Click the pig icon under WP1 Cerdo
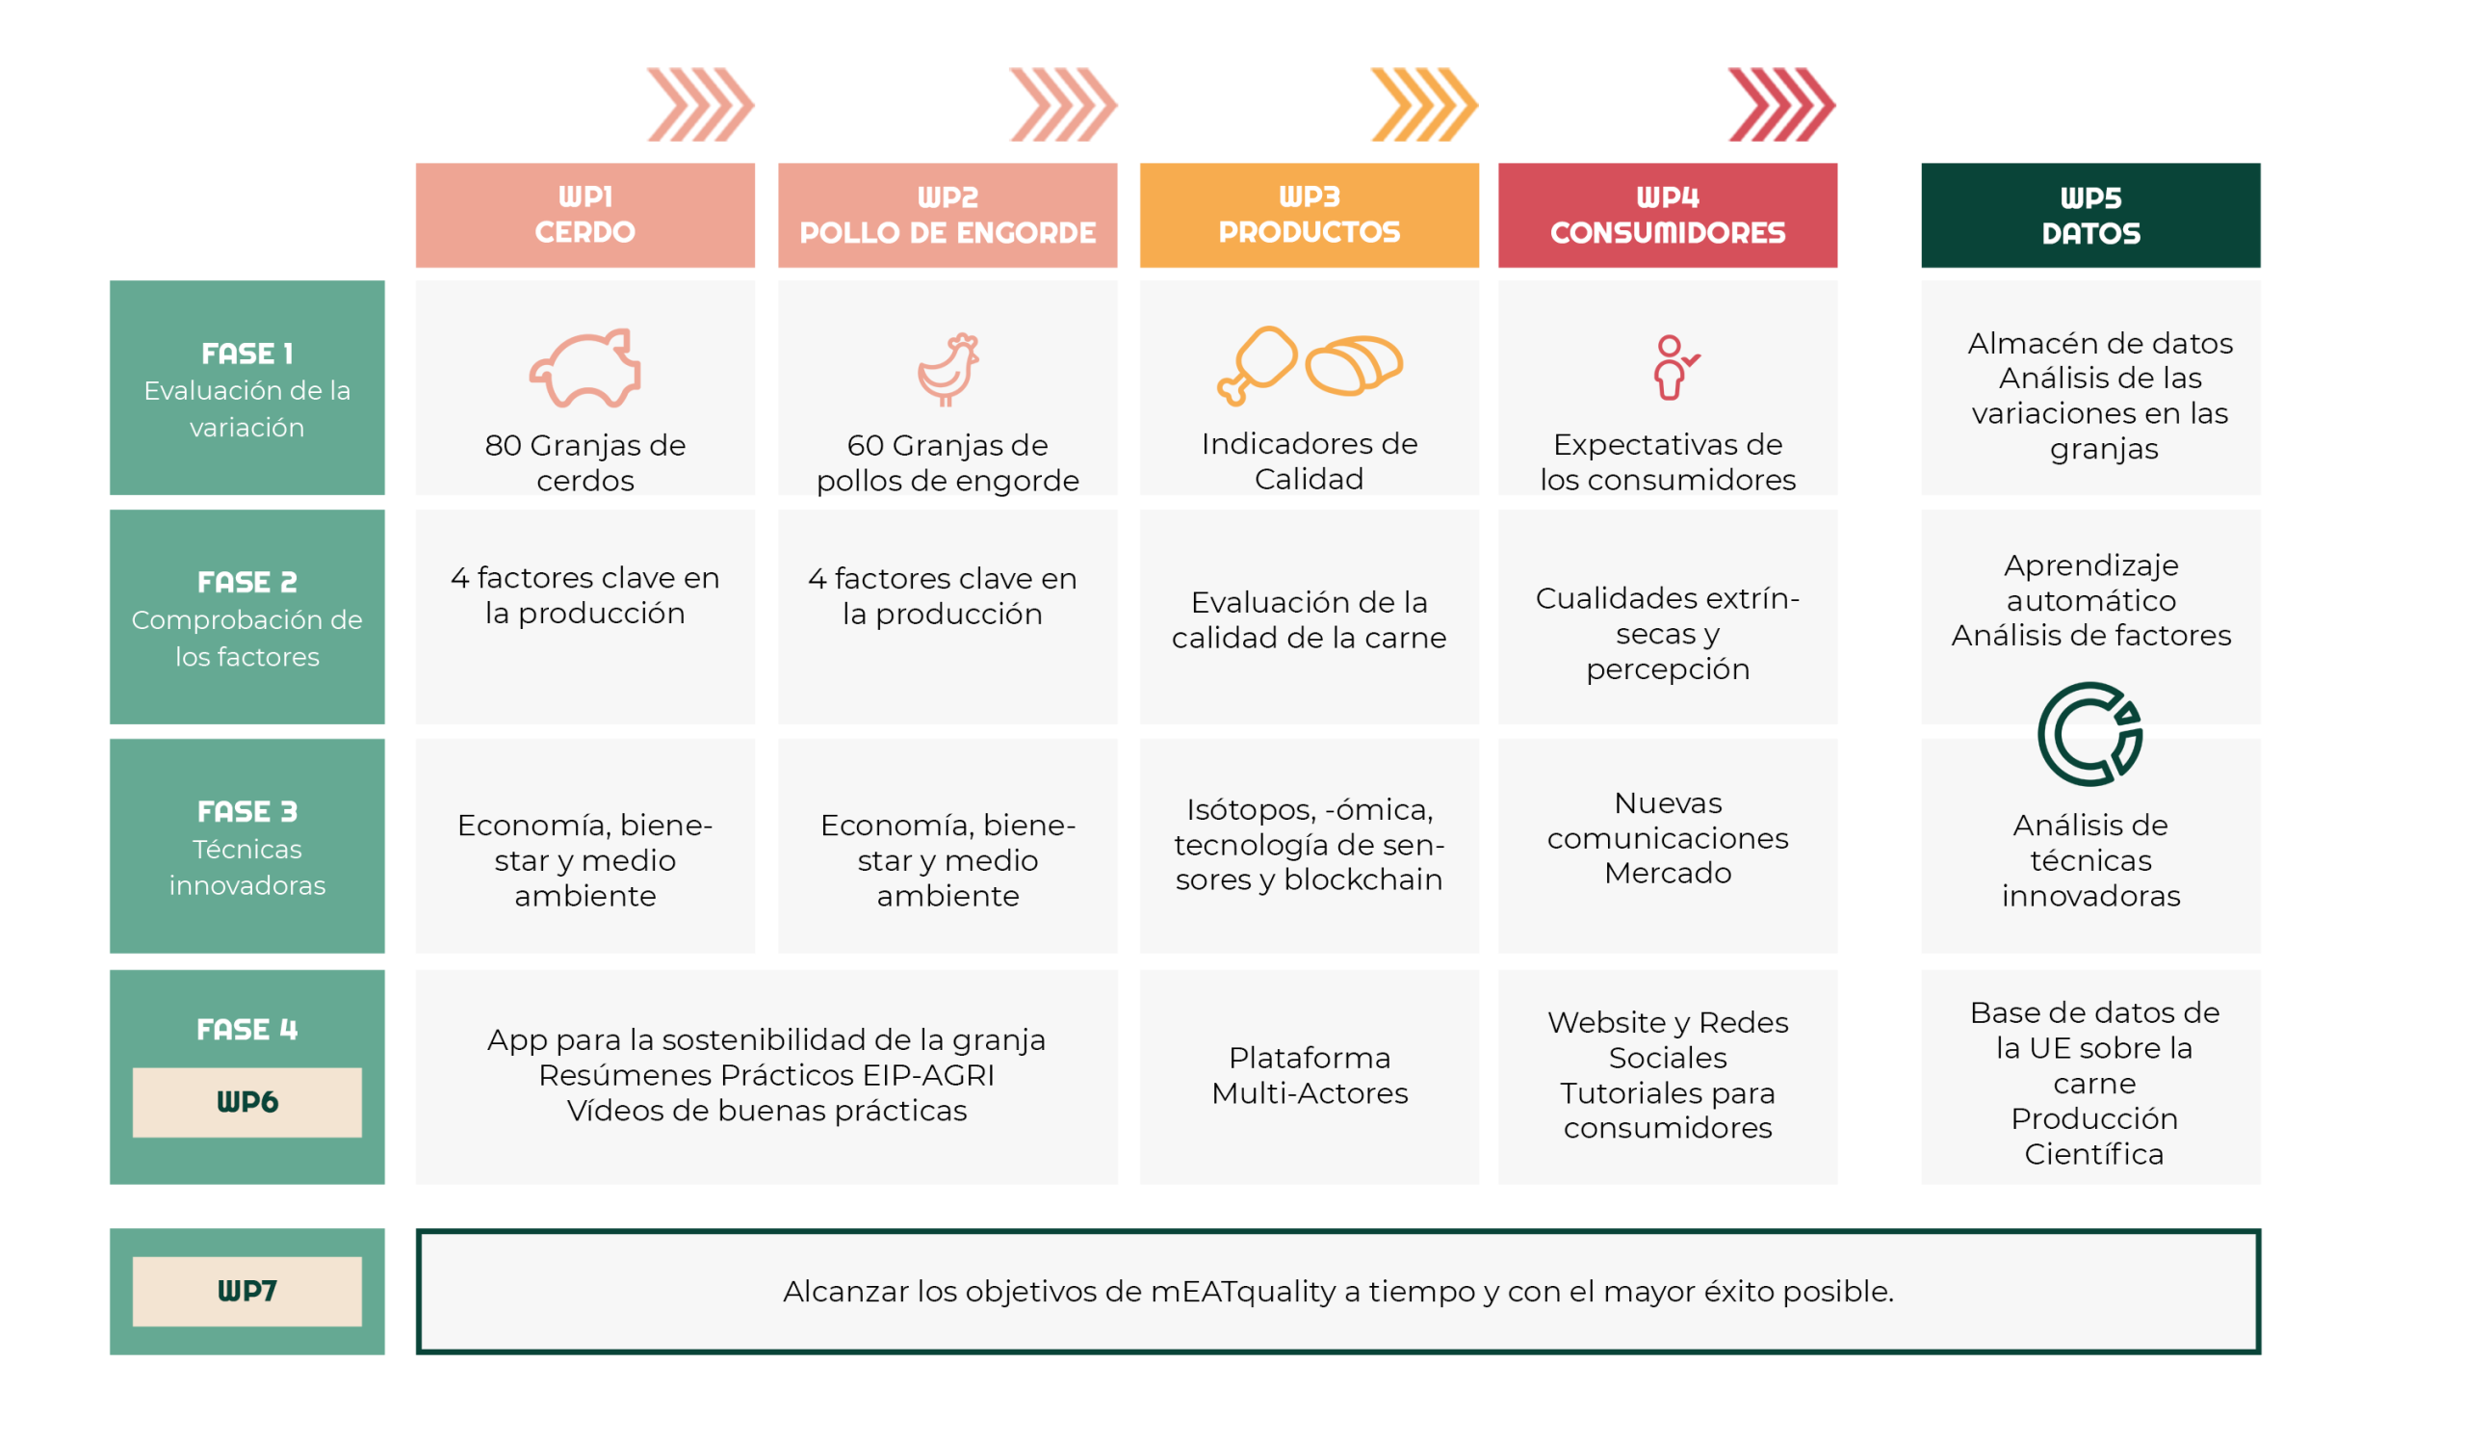point(584,368)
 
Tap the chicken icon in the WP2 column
point(947,369)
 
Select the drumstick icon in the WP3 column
point(1257,364)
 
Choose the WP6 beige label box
point(246,1102)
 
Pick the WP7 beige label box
point(246,1291)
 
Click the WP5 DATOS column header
point(2090,215)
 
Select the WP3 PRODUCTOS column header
point(1309,215)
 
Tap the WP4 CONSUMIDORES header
point(1667,215)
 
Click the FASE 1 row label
point(246,388)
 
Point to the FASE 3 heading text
point(246,811)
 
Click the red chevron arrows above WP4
point(1781,104)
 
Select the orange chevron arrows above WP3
point(1423,104)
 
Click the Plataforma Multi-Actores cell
point(1309,1075)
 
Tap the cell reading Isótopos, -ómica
point(1309,844)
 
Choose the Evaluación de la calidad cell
point(1309,619)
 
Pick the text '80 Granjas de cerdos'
point(584,461)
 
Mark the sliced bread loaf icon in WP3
point(1355,365)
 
